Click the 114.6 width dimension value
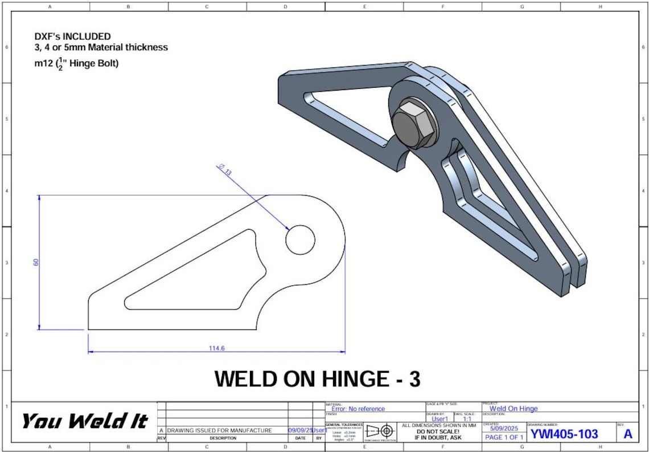[x=217, y=348]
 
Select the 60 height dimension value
[x=36, y=262]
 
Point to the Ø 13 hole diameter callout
[x=224, y=170]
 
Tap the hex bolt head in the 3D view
[x=411, y=123]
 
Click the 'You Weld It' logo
[x=84, y=421]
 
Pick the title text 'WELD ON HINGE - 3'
[x=317, y=379]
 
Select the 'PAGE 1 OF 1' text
[x=504, y=437]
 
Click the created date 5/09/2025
[x=504, y=428]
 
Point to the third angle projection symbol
[x=380, y=431]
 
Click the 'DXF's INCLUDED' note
[x=72, y=36]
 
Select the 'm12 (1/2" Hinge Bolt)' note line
[x=76, y=64]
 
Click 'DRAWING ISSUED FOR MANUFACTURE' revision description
[x=219, y=430]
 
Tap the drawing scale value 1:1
[x=467, y=419]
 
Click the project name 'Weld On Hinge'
[x=513, y=408]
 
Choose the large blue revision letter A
[x=627, y=434]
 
